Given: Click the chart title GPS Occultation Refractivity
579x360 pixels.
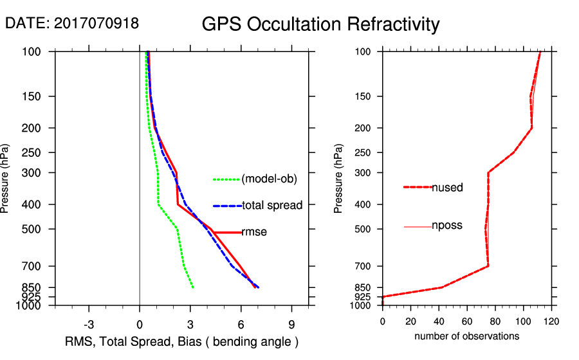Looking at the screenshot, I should [320, 24].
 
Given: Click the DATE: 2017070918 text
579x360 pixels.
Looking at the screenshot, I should [72, 23].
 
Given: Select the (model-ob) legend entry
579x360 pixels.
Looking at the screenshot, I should [269, 179].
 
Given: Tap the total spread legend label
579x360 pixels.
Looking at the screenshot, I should [272, 206].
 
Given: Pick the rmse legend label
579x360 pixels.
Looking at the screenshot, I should [254, 232].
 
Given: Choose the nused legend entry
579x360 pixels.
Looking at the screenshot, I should [447, 187].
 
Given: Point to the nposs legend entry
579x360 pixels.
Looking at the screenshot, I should [447, 226].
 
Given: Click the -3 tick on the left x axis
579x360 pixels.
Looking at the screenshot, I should [89, 323].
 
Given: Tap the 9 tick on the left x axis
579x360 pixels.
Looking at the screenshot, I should [291, 323].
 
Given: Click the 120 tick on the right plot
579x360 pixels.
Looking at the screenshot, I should [551, 321].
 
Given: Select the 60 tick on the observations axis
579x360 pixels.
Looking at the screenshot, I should [466, 321].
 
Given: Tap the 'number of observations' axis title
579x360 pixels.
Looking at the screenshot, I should [466, 336].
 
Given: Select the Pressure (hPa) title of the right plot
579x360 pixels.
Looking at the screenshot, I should [338, 179].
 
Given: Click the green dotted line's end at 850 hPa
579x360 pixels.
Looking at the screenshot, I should [193, 287].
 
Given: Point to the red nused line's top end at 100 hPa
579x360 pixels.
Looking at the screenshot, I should [540, 52].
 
